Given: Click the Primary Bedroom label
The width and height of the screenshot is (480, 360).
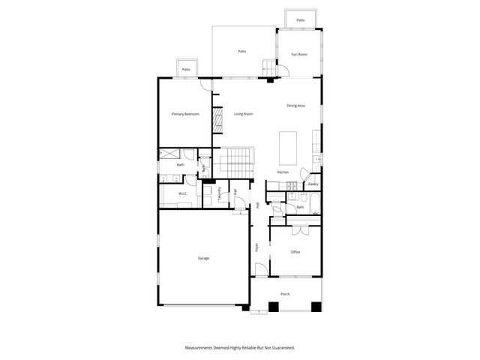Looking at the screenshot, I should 185,114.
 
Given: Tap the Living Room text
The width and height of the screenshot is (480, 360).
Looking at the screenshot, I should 243,114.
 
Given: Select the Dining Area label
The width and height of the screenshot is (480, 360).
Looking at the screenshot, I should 295,106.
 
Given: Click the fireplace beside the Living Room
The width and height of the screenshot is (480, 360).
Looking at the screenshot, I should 218,119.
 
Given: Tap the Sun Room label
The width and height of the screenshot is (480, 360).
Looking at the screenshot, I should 299,54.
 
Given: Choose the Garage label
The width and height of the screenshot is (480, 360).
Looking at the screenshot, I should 203,258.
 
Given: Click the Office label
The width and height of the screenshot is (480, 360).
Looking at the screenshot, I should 295,252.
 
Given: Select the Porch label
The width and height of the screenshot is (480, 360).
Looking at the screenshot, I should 285,294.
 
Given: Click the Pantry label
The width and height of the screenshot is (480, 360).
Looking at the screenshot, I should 313,184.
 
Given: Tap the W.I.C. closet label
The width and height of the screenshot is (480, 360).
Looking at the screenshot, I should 182,194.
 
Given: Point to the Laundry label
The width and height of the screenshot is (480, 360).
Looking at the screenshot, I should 219,193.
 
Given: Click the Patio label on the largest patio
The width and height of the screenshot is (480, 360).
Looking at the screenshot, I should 242,51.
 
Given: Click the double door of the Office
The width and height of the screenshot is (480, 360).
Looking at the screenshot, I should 300,226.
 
